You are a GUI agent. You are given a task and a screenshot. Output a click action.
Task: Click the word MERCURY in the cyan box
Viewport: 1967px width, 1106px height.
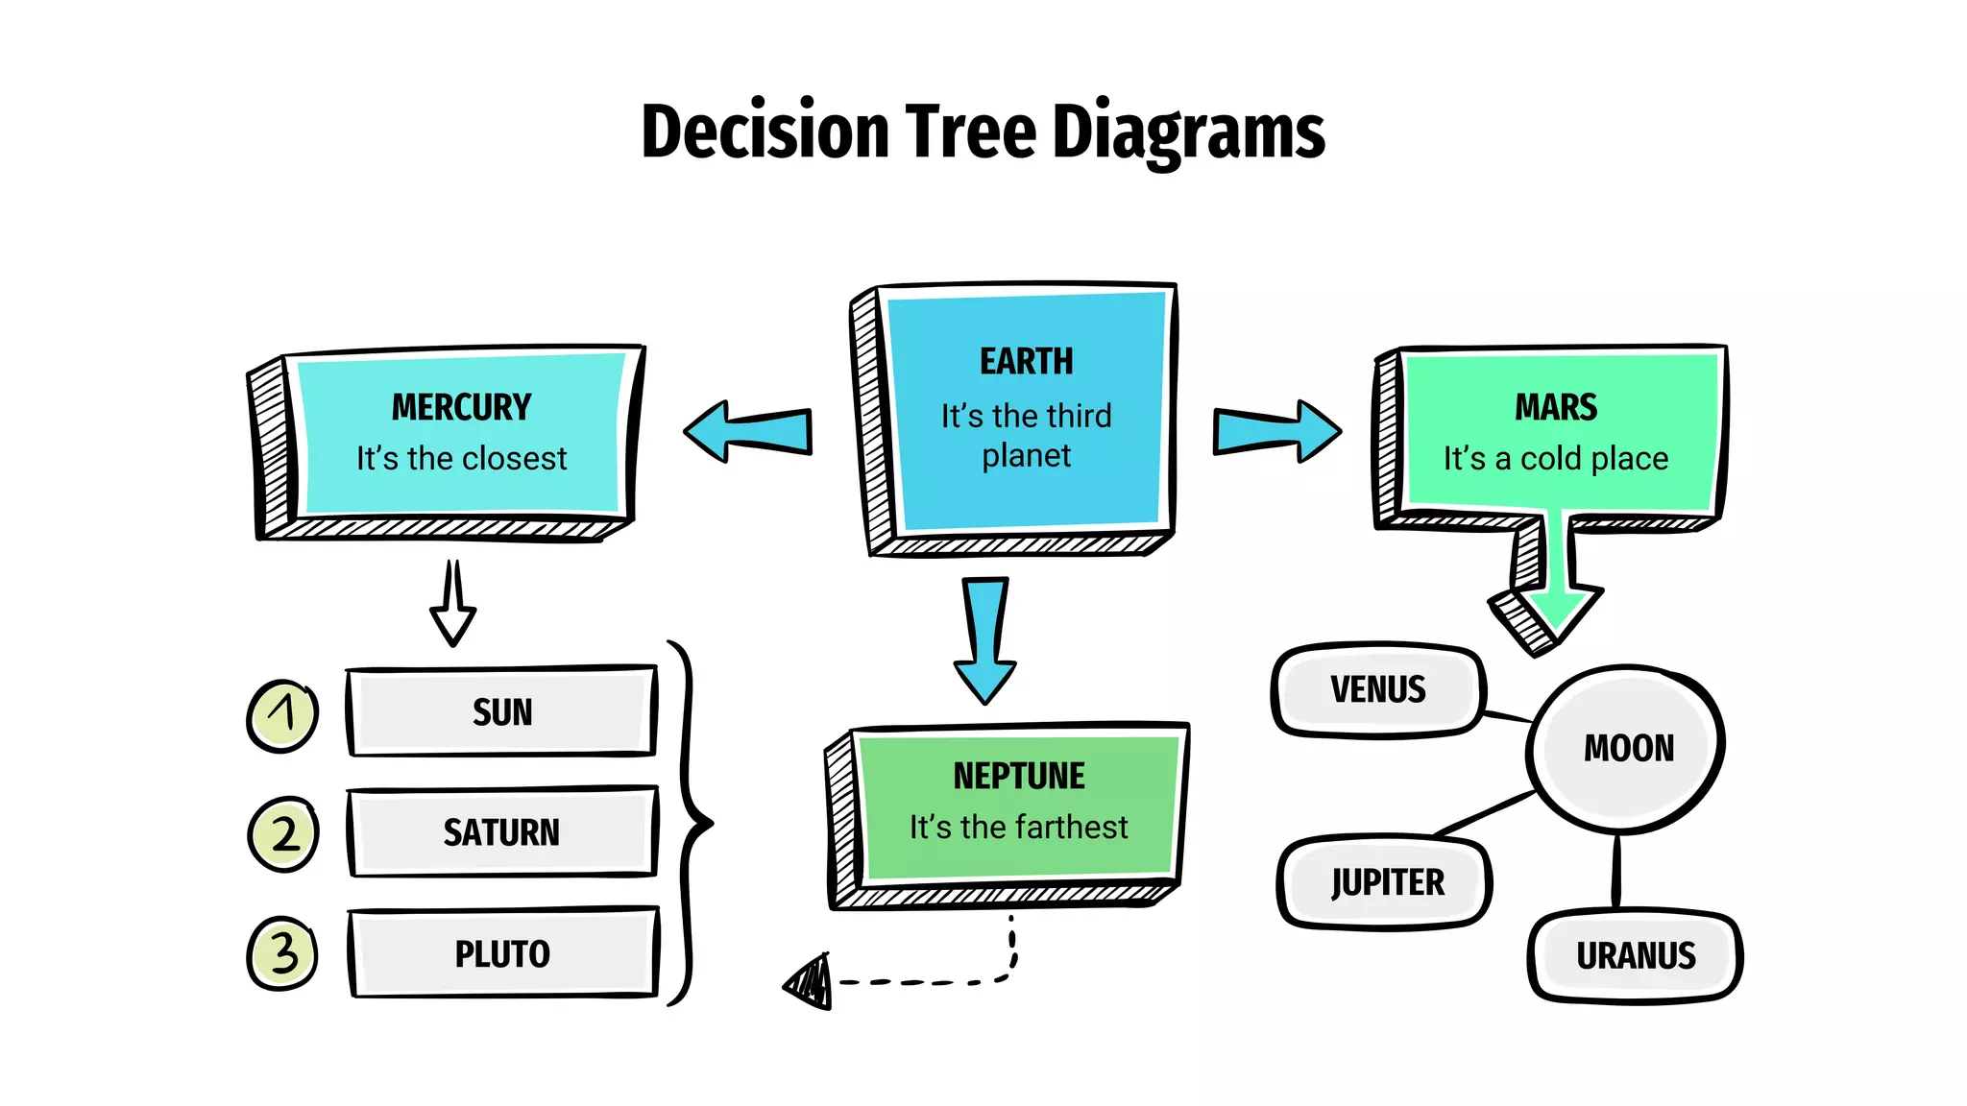click(461, 407)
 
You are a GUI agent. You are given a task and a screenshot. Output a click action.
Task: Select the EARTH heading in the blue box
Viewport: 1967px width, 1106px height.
click(1026, 361)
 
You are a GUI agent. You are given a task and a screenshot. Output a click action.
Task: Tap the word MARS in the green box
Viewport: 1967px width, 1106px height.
click(1556, 407)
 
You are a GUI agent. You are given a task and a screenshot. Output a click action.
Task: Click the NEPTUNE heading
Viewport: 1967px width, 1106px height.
click(1019, 776)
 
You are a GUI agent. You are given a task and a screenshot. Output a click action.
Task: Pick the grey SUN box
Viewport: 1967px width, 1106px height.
click(501, 711)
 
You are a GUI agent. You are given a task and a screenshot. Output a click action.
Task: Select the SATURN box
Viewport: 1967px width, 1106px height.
click(501, 831)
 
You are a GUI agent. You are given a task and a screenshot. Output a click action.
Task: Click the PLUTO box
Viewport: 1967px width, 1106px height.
click(502, 953)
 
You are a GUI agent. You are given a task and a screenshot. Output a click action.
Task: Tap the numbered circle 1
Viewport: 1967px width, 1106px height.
click(282, 715)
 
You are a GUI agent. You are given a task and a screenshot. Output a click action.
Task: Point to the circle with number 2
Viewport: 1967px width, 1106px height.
click(283, 833)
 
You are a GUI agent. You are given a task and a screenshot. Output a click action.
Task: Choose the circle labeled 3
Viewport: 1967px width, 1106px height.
click(282, 953)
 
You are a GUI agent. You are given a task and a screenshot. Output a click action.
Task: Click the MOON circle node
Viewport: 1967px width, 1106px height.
click(1627, 748)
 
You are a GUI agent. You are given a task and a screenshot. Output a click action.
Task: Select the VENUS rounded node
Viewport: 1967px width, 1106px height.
click(1377, 689)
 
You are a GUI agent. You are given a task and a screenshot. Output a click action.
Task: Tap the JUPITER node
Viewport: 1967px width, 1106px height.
click(1386, 881)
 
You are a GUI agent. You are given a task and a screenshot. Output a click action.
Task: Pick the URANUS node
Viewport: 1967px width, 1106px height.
click(1635, 955)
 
